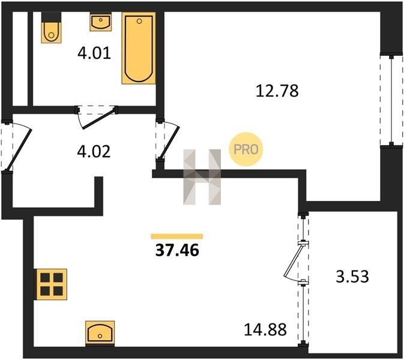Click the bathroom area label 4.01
(94, 53)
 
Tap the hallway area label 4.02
(94, 151)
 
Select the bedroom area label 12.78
(277, 91)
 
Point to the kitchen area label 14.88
(265, 329)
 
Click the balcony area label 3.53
(352, 277)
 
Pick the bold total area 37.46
(177, 250)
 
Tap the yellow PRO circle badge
(246, 149)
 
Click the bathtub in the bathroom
(139, 48)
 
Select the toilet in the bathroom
(51, 28)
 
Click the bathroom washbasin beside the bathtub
(101, 22)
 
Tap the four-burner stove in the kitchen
(52, 284)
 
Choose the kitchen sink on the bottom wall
(100, 334)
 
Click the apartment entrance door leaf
(20, 149)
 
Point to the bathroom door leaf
(98, 119)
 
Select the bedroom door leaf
(169, 142)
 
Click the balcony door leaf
(293, 261)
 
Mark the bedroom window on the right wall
(391, 100)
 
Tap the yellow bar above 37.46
(177, 236)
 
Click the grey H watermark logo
(202, 177)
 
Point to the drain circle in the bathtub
(139, 22)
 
